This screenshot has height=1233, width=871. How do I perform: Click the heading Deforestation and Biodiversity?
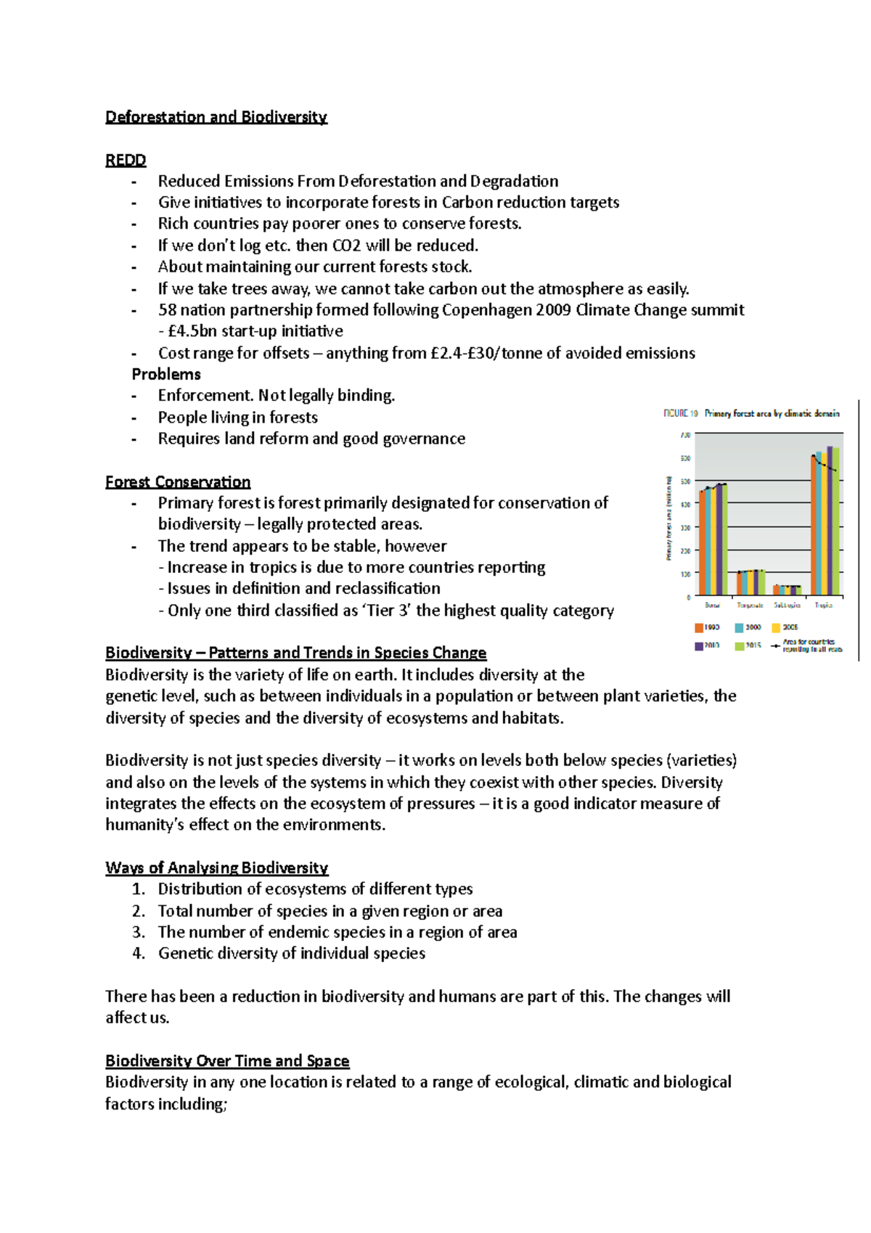(x=216, y=117)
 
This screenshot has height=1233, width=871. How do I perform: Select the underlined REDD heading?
(x=126, y=160)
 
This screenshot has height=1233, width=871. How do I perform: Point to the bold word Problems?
(x=166, y=374)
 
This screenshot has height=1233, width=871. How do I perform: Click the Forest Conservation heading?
(x=178, y=481)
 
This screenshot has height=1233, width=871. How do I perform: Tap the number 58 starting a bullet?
(x=167, y=310)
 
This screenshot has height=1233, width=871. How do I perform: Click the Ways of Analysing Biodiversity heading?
(x=216, y=868)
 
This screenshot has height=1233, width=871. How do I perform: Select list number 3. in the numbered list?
(x=139, y=932)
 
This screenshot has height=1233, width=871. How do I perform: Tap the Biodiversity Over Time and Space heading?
(x=227, y=1061)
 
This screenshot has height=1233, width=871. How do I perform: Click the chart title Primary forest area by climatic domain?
(x=772, y=413)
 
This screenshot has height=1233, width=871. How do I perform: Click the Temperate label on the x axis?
(x=750, y=605)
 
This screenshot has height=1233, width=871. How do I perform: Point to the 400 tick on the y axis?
(x=685, y=504)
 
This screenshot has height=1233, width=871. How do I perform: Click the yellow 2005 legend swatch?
(x=776, y=627)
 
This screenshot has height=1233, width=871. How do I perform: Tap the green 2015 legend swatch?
(x=740, y=646)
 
